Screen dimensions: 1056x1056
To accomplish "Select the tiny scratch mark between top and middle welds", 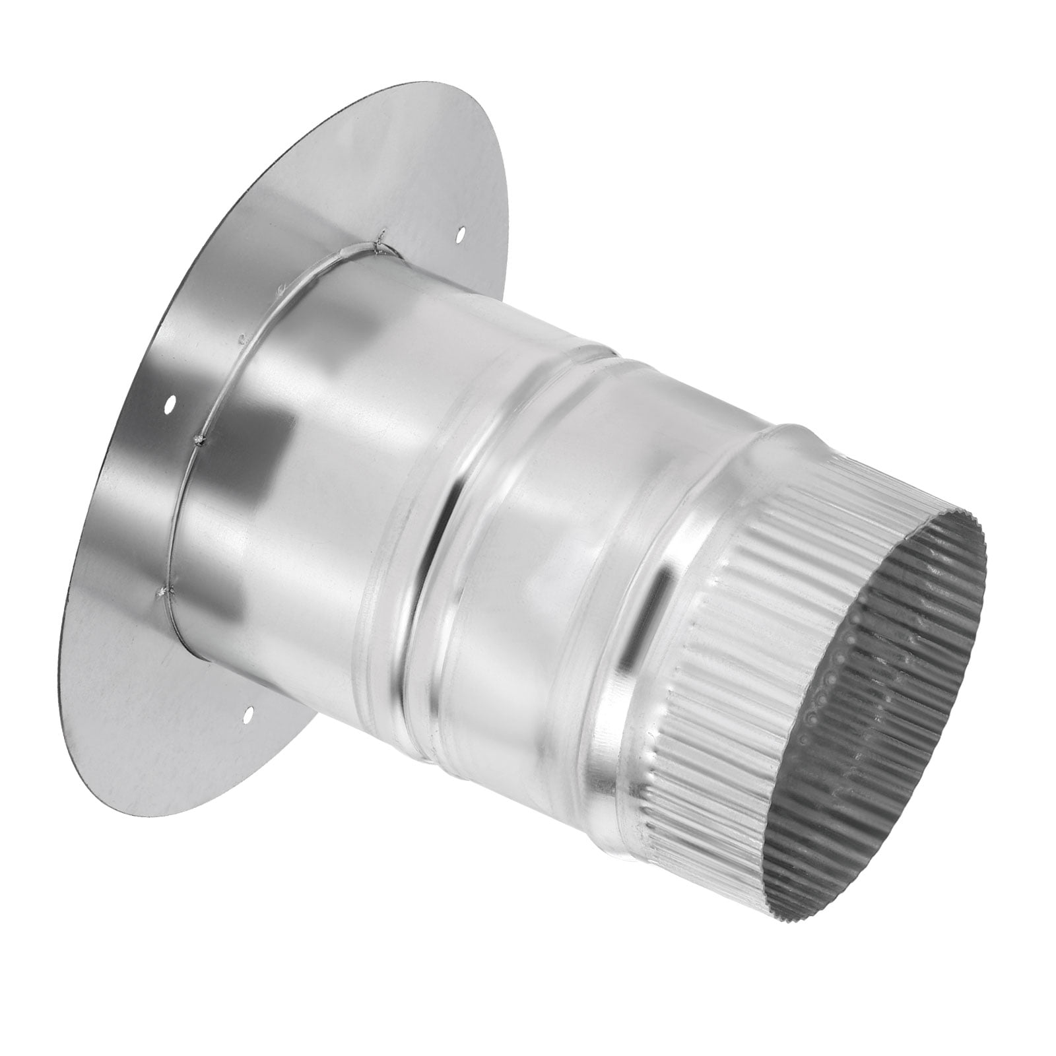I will pyautogui.click(x=242, y=341).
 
